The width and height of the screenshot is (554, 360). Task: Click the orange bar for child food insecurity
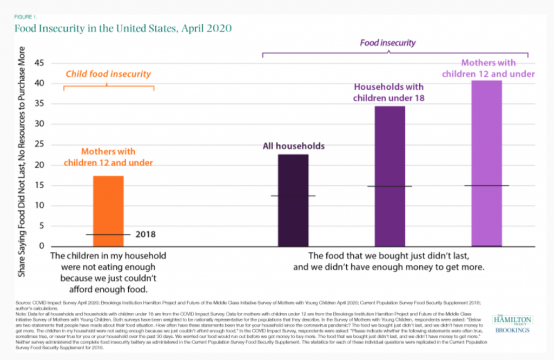[x=108, y=211]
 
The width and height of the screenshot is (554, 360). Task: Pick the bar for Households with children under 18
[x=390, y=176]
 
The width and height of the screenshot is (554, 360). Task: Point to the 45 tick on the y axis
[x=38, y=63]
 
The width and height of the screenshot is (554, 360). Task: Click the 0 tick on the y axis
[x=41, y=246]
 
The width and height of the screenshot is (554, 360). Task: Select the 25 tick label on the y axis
[x=38, y=144]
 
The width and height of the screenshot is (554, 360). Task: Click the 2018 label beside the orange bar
[x=146, y=235]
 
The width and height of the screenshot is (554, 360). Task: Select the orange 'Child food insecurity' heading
[x=108, y=74]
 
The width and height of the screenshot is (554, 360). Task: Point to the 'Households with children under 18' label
[x=388, y=92]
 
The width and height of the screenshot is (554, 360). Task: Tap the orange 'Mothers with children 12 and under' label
[x=108, y=157]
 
